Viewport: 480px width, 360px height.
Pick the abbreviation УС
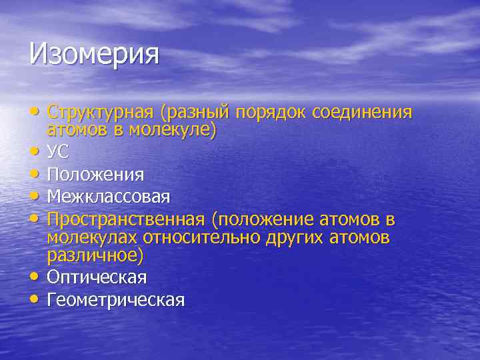(x=57, y=152)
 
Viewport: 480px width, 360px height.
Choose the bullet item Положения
(x=95, y=175)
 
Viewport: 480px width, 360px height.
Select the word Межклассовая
(x=108, y=197)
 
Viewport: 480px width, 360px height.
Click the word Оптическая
(x=97, y=277)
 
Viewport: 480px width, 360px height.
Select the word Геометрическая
(x=115, y=300)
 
